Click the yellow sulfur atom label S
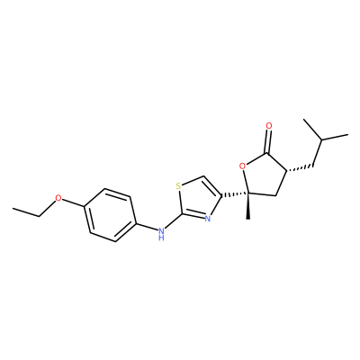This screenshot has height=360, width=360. pos(178,186)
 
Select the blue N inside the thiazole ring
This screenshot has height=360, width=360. pos(207,219)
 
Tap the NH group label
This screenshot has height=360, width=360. pos(161,234)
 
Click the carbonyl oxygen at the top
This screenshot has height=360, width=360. pos(269,126)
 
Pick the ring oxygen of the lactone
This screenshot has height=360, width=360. pos(243,166)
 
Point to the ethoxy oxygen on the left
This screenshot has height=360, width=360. pos(58,198)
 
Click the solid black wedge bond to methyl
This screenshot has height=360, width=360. pos(248,206)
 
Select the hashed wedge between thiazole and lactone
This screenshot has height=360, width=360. pos(235,195)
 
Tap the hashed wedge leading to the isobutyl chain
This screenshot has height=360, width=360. pos(300,168)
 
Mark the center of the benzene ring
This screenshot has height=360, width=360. pos(111,215)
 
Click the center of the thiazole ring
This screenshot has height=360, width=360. pos(198,200)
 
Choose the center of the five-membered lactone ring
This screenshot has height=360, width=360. pos(264,177)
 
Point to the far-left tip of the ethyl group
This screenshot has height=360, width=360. pos(13,208)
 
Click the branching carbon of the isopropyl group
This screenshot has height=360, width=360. pos(321,139)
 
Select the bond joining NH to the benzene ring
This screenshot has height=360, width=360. pos(148,227)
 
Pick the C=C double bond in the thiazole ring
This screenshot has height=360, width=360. pos(212,186)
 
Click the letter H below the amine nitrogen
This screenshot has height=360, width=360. pos(161,238)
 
